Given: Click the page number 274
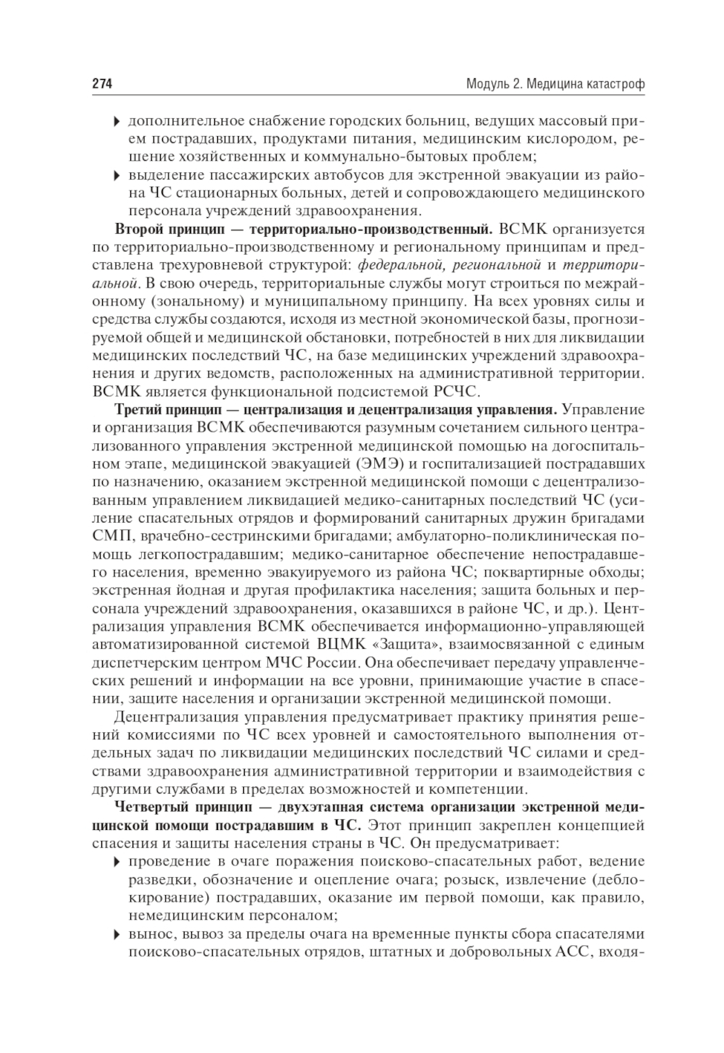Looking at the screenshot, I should [x=102, y=84].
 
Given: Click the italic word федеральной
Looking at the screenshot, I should [x=396, y=267].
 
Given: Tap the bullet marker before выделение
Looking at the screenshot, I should [x=117, y=175].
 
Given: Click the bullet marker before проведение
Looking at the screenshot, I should [x=117, y=861].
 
